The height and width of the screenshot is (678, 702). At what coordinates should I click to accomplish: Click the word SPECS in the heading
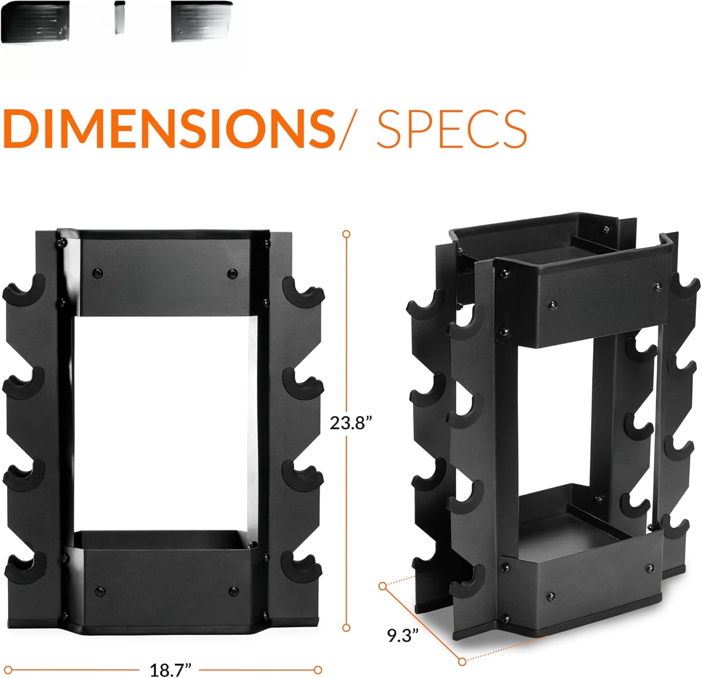pos(452,128)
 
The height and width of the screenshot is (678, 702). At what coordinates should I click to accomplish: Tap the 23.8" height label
pos(351,423)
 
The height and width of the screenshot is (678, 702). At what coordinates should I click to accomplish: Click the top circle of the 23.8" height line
pos(346,234)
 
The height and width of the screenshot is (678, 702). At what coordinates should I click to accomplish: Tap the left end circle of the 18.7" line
pos(7,670)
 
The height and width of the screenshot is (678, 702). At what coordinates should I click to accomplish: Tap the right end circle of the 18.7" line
pos(318,670)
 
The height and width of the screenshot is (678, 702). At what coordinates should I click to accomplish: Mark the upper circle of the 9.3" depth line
pos(383,586)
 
